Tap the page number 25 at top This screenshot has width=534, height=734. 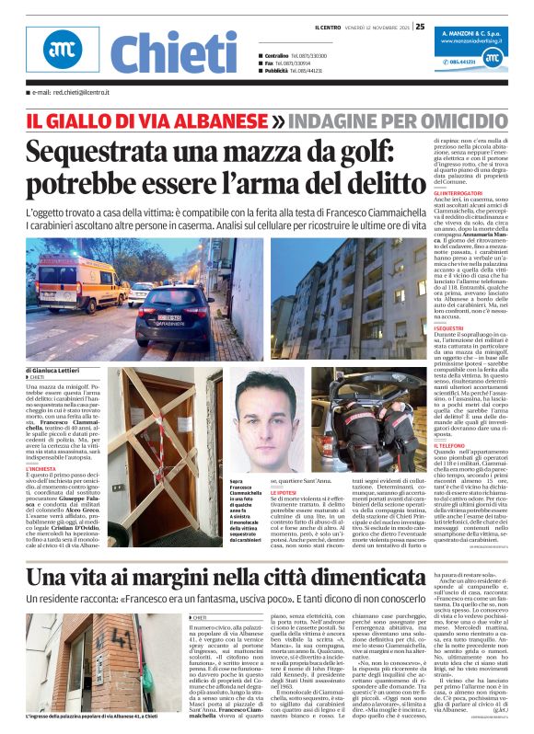pos(420,26)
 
